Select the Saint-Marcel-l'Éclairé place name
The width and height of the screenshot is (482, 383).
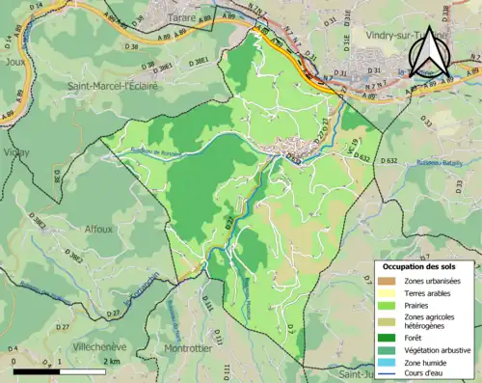click(112, 86)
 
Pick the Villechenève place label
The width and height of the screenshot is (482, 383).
click(87, 343)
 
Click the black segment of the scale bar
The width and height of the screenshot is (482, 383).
click(33, 370)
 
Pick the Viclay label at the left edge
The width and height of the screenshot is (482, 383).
click(14, 152)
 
